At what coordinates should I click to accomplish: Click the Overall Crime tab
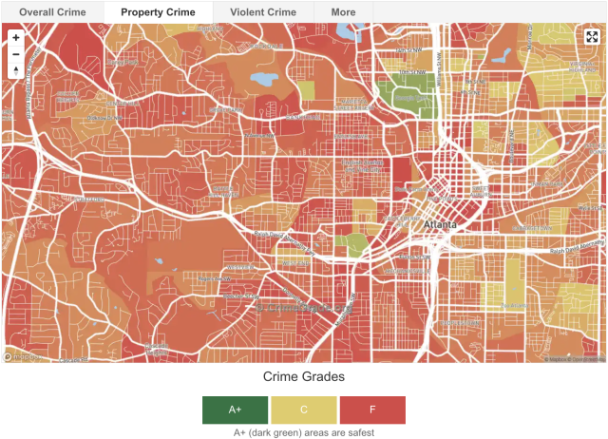click(51, 12)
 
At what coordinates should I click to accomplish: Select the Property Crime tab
click(158, 12)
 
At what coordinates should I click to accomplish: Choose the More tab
click(343, 12)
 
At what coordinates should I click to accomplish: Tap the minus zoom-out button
click(16, 54)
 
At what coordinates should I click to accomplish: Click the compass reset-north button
click(16, 71)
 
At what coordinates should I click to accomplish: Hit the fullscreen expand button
click(591, 37)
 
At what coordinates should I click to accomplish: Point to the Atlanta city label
click(440, 224)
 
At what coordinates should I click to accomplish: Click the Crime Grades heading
click(303, 376)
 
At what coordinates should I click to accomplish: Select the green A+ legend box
click(236, 410)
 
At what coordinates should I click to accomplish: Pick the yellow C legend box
click(304, 410)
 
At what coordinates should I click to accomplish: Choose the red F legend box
click(371, 410)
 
